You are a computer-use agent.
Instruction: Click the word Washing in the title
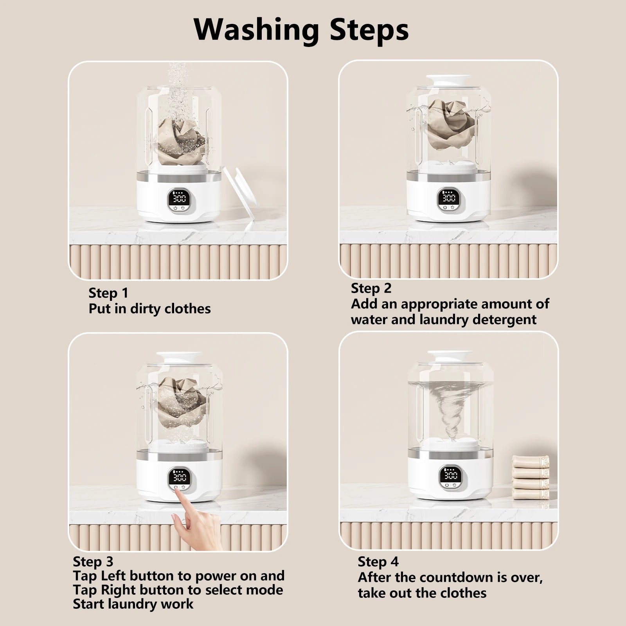pyautogui.click(x=256, y=29)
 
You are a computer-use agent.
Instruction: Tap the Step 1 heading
pyautogui.click(x=108, y=293)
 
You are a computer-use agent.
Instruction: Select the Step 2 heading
pyautogui.click(x=371, y=288)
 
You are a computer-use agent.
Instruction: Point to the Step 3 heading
pyautogui.click(x=93, y=561)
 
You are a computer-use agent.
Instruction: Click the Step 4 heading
pyautogui.click(x=378, y=561)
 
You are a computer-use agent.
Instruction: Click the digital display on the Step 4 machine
pyautogui.click(x=450, y=475)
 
